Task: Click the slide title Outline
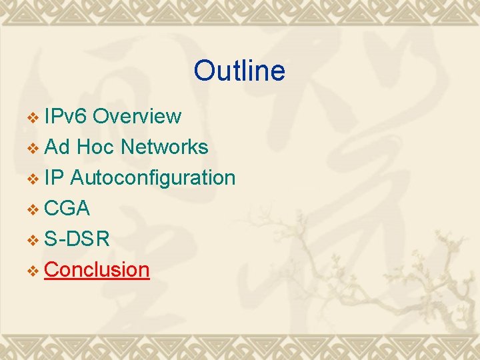click(239, 71)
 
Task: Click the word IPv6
click(65, 116)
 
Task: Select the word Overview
click(137, 116)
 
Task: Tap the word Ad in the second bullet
click(57, 147)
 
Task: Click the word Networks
click(164, 147)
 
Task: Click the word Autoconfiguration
click(152, 178)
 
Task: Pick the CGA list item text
click(67, 208)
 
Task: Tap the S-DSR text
click(77, 239)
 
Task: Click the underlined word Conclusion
click(97, 269)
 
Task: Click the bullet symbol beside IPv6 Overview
click(33, 117)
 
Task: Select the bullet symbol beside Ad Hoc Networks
click(33, 148)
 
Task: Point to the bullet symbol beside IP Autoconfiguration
click(33, 179)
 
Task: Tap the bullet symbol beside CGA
click(33, 209)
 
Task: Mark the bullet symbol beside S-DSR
click(33, 240)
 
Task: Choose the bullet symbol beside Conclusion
click(33, 271)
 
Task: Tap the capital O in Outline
click(203, 71)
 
